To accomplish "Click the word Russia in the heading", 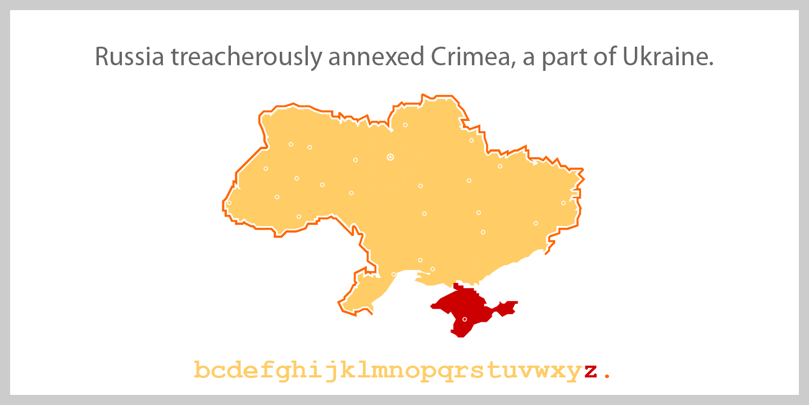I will pyautogui.click(x=130, y=57).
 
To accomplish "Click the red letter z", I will pyautogui.click(x=589, y=371).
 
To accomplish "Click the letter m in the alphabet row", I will pyautogui.click(x=380, y=371).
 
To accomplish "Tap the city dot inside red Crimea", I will pyautogui.click(x=465, y=319).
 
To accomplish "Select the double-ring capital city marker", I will pyautogui.click(x=390, y=157).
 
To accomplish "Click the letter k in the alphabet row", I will pyautogui.click(x=348, y=370).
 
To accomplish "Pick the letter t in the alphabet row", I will pyautogui.click(x=493, y=371).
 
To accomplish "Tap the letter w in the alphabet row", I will pyautogui.click(x=542, y=371).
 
